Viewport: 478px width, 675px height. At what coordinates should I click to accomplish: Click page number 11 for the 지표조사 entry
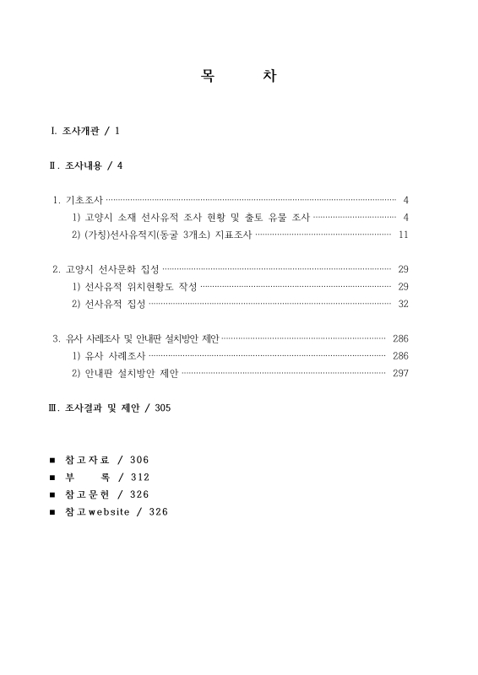pyautogui.click(x=403, y=234)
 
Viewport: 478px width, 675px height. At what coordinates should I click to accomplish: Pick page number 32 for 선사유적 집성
pyautogui.click(x=403, y=304)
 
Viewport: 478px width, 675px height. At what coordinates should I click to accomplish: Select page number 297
pyautogui.click(x=400, y=373)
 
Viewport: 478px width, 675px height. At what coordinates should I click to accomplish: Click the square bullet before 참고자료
pyautogui.click(x=52, y=460)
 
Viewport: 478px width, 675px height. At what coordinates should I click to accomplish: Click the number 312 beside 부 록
pyautogui.click(x=140, y=478)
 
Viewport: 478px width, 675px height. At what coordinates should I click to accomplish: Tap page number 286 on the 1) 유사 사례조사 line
pyautogui.click(x=400, y=356)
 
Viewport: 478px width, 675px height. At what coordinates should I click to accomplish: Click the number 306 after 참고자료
pyautogui.click(x=140, y=460)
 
